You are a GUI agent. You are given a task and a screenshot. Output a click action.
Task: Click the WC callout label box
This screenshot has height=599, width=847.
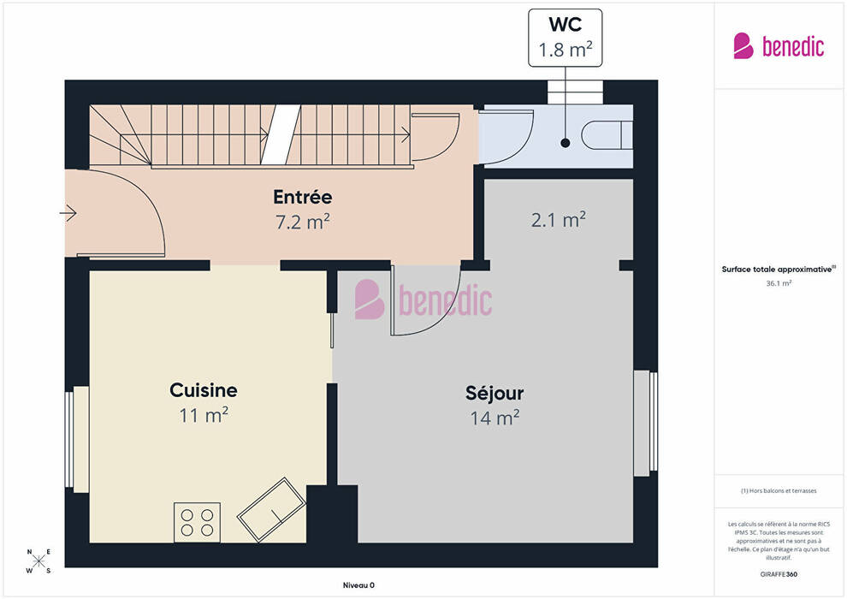pos(565,38)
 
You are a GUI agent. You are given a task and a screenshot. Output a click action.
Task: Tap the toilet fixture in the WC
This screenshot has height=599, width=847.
pos(607,135)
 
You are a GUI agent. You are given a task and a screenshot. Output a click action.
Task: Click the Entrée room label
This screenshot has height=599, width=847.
pos(303,197)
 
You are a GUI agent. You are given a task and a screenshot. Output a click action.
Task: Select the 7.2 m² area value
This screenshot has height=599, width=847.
pos(303,222)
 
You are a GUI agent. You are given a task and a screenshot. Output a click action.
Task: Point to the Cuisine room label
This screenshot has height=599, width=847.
pos(204,390)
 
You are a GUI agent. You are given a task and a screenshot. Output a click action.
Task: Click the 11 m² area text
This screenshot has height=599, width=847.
pos(204,415)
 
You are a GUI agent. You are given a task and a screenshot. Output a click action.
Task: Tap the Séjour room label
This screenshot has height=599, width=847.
pos(495,394)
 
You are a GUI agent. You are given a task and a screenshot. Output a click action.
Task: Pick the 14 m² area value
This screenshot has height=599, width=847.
pos(495,418)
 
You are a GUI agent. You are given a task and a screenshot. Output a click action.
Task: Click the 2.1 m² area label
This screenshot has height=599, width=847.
pos(559,220)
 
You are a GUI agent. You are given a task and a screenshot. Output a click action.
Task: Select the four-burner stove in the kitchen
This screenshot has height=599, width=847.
pos(197,522)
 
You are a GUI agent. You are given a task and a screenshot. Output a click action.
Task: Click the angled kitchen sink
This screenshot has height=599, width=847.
pos(272,509)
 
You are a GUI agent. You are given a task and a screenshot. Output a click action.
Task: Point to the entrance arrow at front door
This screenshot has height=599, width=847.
pos(68,213)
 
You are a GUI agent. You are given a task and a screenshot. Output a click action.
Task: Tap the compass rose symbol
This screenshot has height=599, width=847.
pos(38,561)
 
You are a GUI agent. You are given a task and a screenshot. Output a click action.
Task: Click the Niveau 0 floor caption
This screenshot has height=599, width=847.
pos(358,585)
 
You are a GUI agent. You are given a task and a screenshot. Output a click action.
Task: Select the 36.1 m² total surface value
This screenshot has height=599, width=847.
pos(779,283)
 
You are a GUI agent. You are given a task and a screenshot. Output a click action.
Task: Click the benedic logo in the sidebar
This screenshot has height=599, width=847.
pos(779,46)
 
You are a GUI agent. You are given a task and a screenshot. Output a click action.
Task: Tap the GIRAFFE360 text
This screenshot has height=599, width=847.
pos(779,574)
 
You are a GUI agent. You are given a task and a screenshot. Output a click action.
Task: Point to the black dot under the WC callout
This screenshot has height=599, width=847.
pos(565,143)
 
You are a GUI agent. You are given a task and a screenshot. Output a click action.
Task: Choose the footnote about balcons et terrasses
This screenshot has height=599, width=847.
pos(779,491)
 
